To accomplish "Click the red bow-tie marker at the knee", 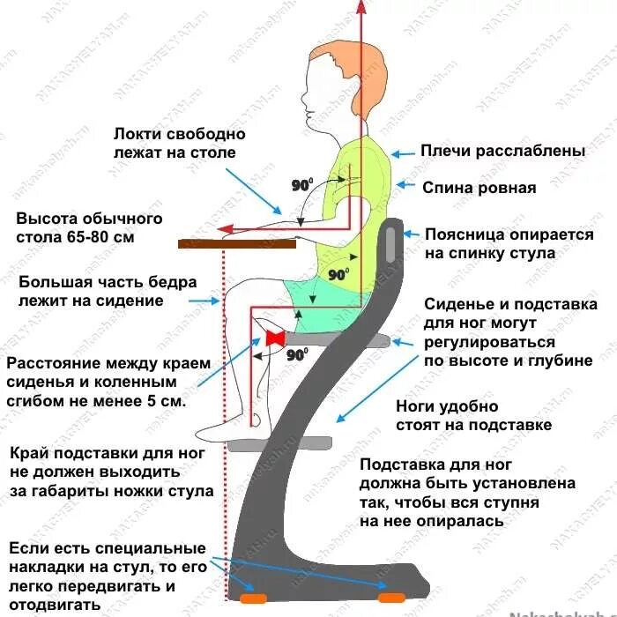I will click(275, 338).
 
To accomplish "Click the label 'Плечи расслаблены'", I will click(502, 152).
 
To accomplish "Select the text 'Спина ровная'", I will click(479, 187).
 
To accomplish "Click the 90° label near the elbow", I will click(303, 185).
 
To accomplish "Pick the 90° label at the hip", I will click(338, 274).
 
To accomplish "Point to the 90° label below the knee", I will click(296, 355).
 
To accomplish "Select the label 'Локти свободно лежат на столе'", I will click(179, 144).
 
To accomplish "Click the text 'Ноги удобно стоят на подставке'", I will click(473, 416).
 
